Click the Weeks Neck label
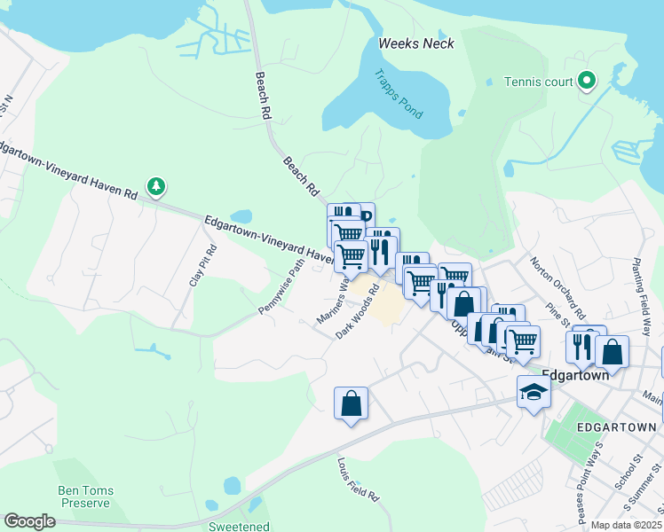(x=415, y=43)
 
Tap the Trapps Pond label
(x=398, y=94)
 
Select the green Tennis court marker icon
(x=586, y=82)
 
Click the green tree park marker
(x=156, y=186)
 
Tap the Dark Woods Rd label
(x=358, y=310)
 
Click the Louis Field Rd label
(x=359, y=479)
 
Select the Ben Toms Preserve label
(x=84, y=497)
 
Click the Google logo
(x=29, y=521)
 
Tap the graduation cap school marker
(x=534, y=391)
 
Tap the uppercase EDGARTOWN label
(x=615, y=426)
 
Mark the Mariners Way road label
(x=332, y=301)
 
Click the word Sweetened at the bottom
(x=239, y=526)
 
